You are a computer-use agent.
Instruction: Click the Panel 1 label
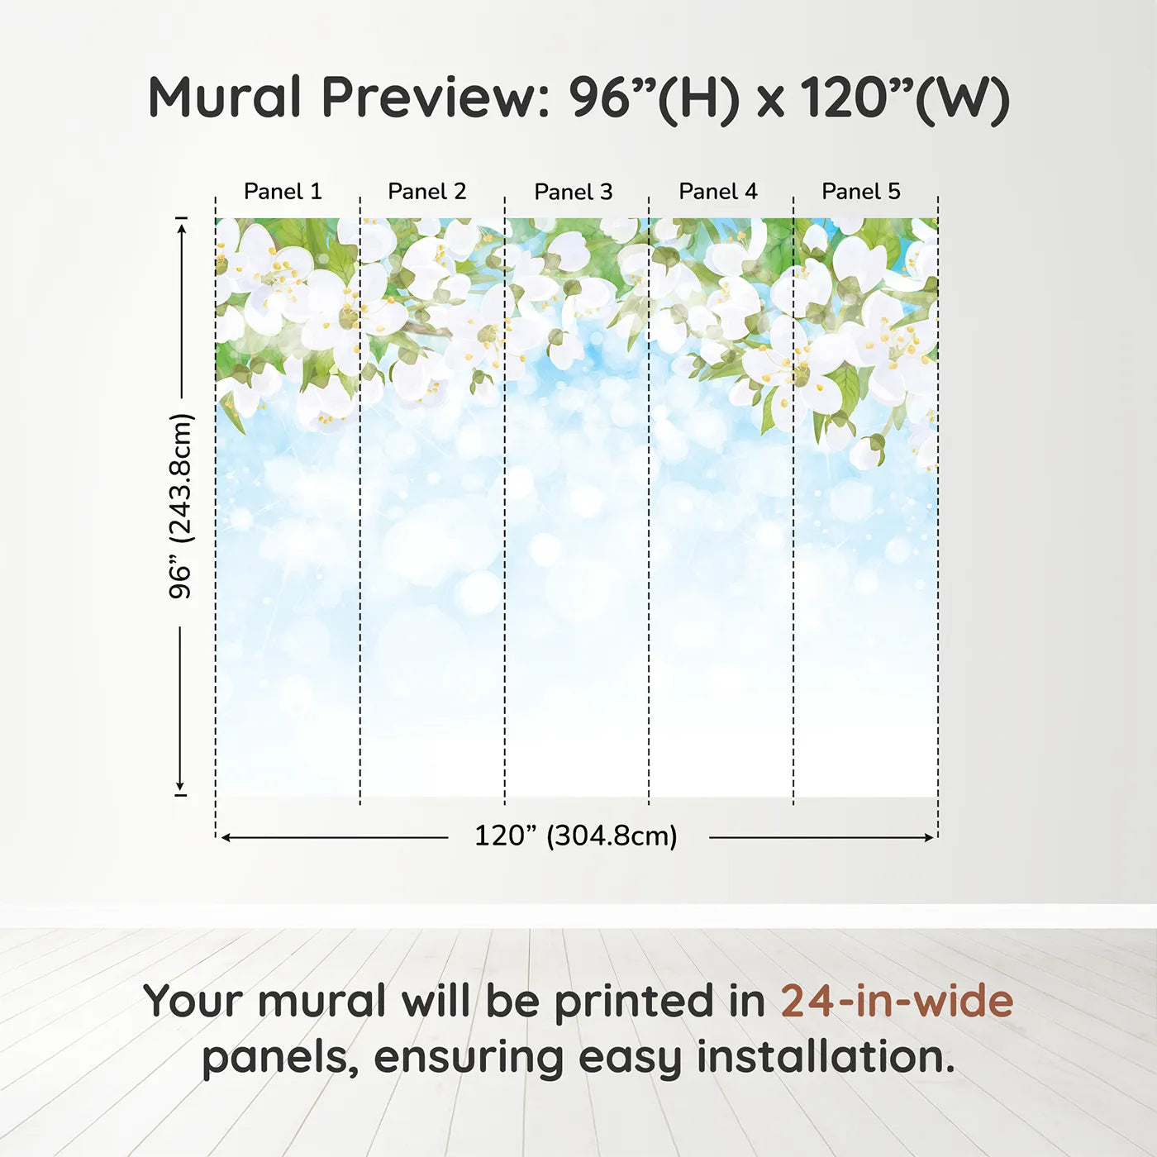(283, 192)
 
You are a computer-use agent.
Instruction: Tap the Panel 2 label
(427, 192)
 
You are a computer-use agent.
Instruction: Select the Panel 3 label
(574, 192)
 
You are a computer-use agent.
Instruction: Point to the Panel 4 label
(718, 192)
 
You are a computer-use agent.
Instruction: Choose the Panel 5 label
(861, 192)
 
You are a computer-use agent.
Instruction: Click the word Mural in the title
(224, 97)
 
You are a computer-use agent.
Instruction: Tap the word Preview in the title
(436, 98)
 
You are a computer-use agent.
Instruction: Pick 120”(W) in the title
(905, 99)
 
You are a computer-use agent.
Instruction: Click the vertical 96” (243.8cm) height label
(180, 506)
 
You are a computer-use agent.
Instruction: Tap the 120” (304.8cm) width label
(576, 836)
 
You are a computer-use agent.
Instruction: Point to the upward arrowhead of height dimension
(182, 226)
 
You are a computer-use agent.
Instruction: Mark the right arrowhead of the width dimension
(928, 837)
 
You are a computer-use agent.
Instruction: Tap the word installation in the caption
(826, 1059)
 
